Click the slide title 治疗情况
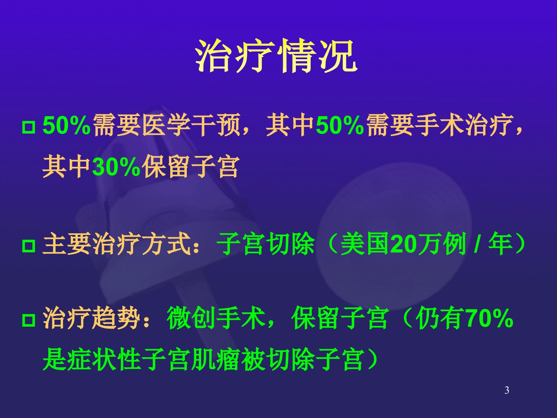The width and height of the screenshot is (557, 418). pos(277,56)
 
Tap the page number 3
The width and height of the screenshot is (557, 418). pos(507,390)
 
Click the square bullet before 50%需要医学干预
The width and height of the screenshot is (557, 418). pos(29,127)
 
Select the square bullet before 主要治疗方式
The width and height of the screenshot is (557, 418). pos(29,246)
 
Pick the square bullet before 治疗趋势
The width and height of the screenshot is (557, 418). pos(29,320)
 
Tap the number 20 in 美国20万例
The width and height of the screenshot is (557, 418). pos(403,244)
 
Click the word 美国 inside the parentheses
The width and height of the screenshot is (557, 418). pos(366,244)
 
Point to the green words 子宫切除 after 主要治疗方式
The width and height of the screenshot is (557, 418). pos(265,244)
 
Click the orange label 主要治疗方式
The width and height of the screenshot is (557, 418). pos(116,244)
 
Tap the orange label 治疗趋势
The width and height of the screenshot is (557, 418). pos(92,318)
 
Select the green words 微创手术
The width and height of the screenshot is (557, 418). pos(216,318)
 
